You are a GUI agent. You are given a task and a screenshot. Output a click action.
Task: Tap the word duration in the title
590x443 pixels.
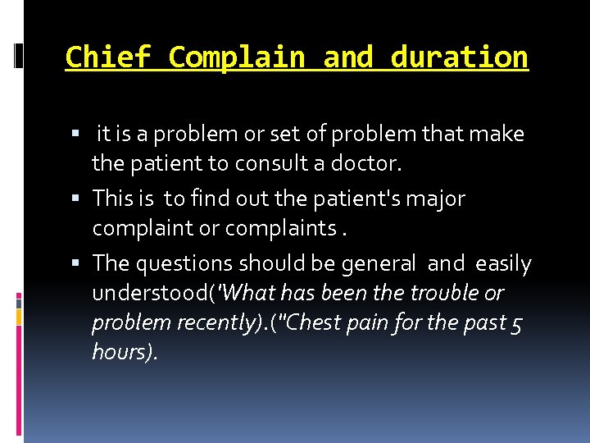[460, 57]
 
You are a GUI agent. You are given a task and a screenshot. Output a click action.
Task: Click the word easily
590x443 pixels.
[503, 264]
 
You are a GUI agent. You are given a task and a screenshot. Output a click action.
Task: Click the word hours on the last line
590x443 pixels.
[121, 353]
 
